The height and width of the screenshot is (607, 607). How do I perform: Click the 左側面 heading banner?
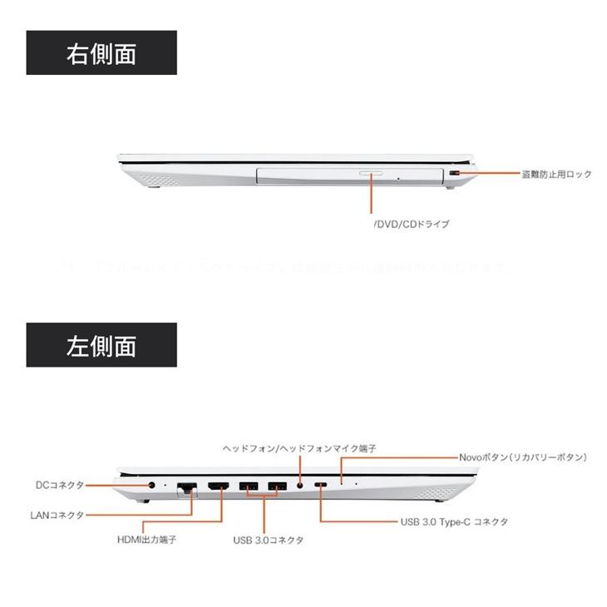tap(102, 345)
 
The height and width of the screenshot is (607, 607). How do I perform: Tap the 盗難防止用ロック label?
tap(556, 175)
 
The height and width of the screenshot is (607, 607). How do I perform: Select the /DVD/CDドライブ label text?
tap(411, 225)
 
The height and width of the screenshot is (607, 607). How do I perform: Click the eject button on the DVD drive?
tap(372, 175)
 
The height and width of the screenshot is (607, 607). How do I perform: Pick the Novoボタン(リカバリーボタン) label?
tap(523, 457)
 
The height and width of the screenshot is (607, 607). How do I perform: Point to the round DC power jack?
tap(152, 485)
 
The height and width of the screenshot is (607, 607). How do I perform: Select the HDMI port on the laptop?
tap(219, 486)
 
